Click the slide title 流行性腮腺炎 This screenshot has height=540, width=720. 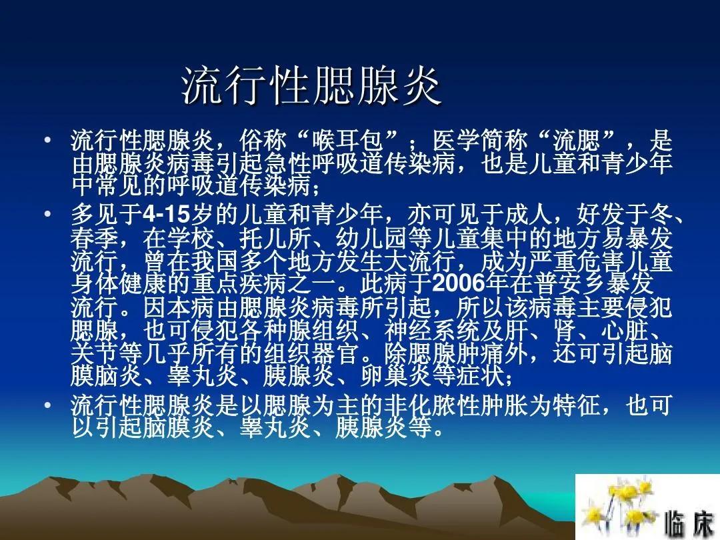[312, 86]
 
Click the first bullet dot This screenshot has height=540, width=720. [47, 141]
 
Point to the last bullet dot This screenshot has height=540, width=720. [47, 405]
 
